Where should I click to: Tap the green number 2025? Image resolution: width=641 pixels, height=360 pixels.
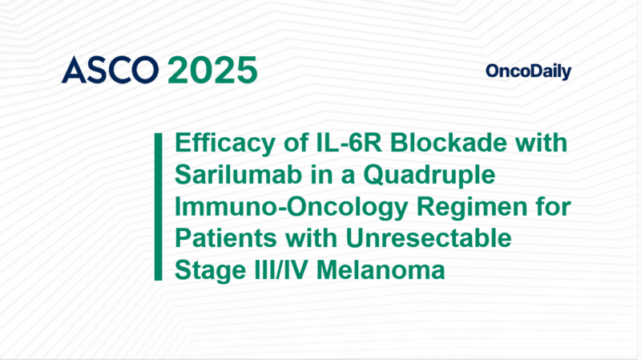[x=212, y=71]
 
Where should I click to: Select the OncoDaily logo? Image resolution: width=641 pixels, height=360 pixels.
[x=528, y=71]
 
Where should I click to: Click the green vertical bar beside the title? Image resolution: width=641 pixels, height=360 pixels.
[x=159, y=207]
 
